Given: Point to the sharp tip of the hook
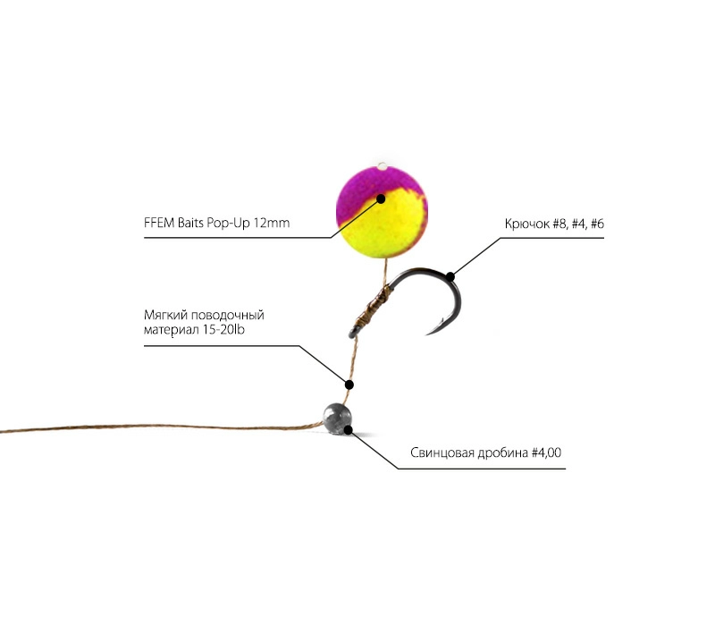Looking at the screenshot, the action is pos(427,334).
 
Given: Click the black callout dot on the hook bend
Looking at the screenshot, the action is pos(450,276).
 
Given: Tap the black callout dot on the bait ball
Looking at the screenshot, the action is pos(381,199).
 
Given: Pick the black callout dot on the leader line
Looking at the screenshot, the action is pos(349,385).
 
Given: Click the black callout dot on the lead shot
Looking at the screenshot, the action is pos(348,429).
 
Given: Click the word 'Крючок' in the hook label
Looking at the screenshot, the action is pos(527,224).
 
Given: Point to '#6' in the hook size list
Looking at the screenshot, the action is pos(597,224).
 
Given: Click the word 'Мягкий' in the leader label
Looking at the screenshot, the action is pos(165,316).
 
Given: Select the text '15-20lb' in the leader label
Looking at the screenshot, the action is pos(223,329).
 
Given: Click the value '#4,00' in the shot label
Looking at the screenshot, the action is pos(546,453).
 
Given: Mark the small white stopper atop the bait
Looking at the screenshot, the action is pos(383,166).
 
